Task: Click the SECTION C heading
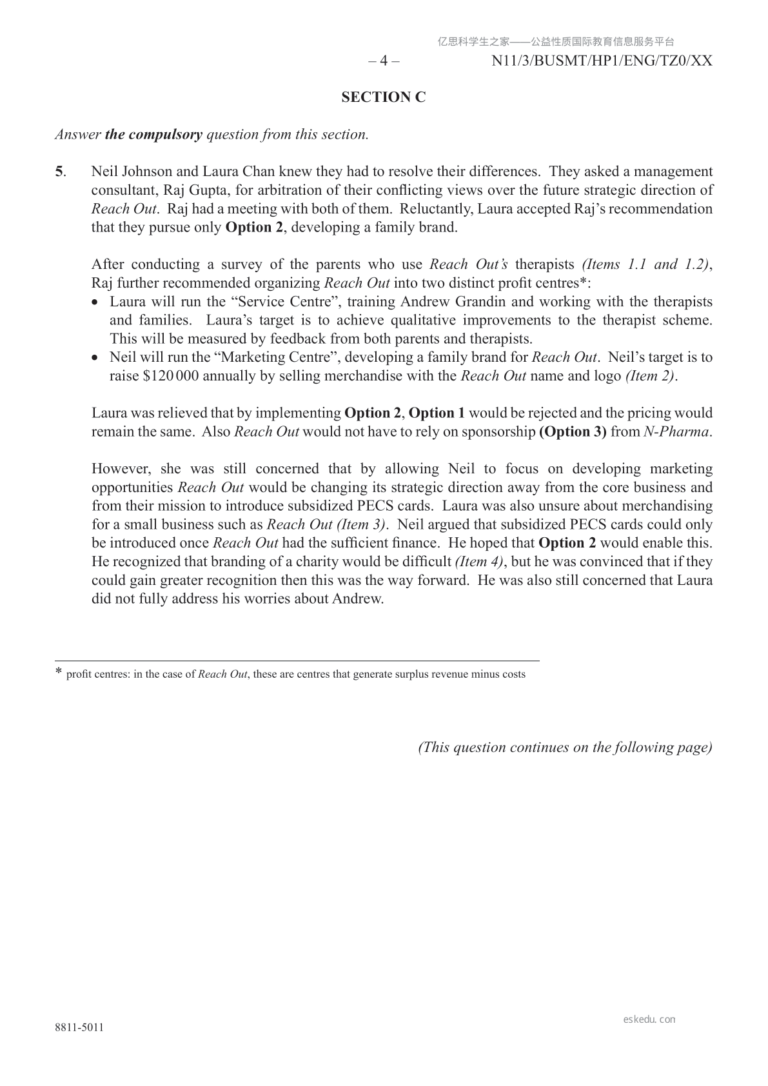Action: [384, 97]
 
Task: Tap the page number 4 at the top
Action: [384, 61]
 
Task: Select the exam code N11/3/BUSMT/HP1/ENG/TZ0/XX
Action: [602, 61]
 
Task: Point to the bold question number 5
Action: [59, 172]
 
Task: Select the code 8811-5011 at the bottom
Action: [79, 1027]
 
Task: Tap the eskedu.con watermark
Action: [649, 1020]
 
